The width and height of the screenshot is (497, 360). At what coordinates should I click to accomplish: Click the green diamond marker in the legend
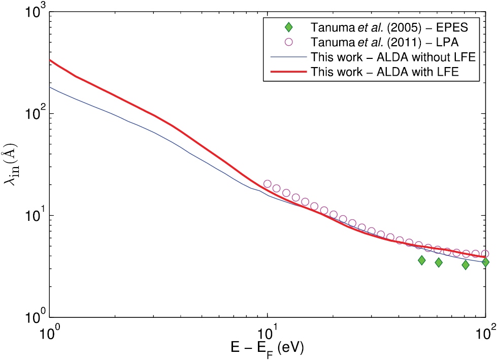288,26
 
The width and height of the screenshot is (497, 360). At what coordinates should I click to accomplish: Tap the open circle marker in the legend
288,41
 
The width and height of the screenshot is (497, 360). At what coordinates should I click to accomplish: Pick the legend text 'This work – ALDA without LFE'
393,56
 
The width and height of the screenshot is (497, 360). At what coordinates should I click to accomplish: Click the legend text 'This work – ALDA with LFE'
385,72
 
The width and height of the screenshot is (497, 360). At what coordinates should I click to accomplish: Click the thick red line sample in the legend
288,72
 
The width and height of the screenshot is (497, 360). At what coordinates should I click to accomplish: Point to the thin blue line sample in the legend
288,56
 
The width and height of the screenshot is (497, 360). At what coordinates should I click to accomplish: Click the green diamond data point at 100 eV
485,262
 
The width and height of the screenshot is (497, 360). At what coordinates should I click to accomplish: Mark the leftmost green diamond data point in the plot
421,260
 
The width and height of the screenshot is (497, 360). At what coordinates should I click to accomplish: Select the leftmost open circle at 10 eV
268,184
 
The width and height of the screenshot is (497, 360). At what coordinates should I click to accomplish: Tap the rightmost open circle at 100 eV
485,253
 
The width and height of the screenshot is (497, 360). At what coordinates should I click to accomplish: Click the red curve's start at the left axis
50,60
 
